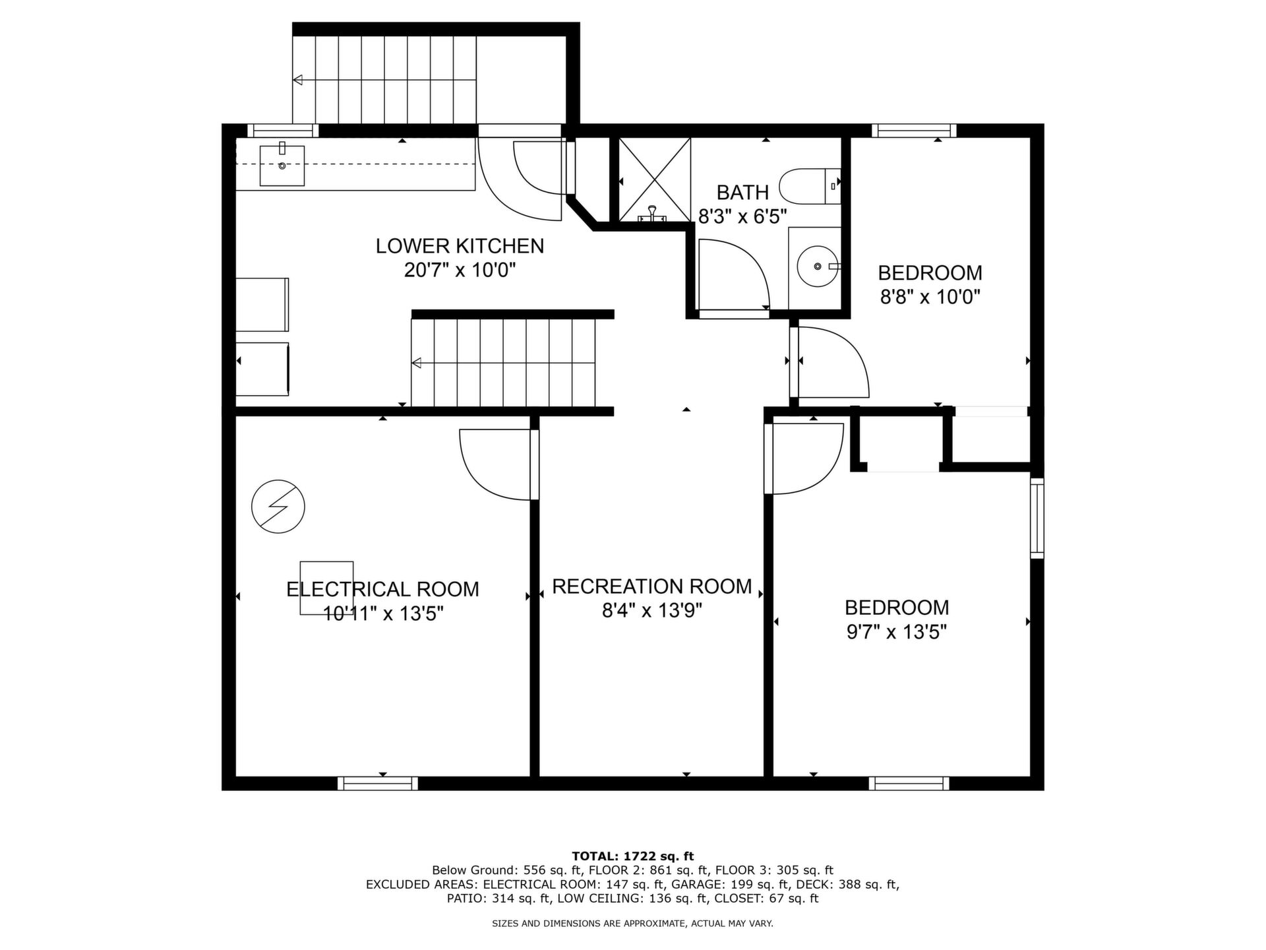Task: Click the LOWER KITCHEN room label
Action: click(x=460, y=246)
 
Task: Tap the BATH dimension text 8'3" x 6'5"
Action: click(x=742, y=216)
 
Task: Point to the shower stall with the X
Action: click(x=654, y=179)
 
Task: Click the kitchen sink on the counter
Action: click(x=282, y=166)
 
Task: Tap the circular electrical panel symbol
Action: click(x=278, y=507)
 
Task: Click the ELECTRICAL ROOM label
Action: click(x=382, y=589)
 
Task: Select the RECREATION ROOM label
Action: click(x=652, y=586)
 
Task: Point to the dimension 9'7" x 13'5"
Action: click(x=897, y=633)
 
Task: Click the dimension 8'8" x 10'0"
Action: click(x=930, y=298)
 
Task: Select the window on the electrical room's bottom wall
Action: click(x=378, y=783)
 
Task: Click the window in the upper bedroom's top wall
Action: click(x=914, y=131)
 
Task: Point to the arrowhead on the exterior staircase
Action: click(x=298, y=80)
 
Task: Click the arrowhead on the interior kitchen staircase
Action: click(x=417, y=363)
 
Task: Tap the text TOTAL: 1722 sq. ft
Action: click(x=633, y=856)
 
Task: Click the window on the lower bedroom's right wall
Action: click(x=1037, y=519)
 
